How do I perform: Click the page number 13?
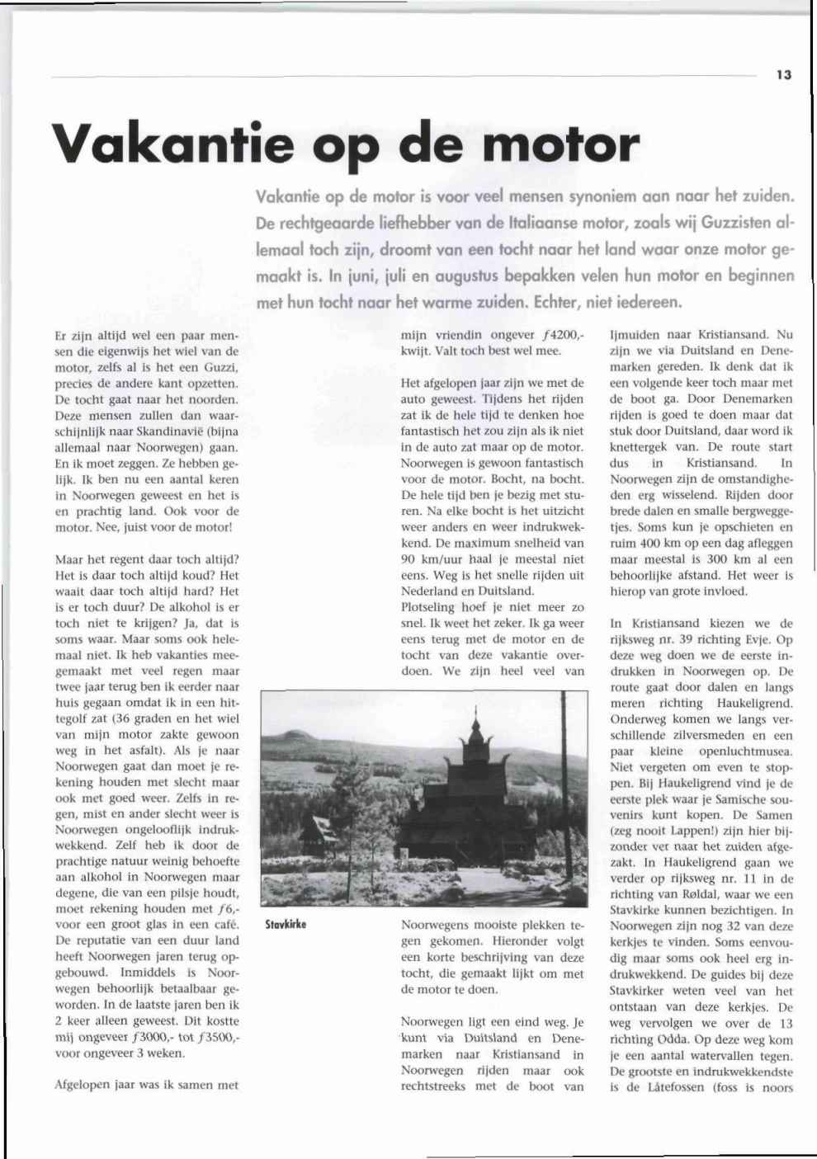click(783, 74)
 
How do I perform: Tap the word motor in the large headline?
click(560, 144)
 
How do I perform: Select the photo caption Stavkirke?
click(286, 925)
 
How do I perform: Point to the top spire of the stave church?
click(475, 716)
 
